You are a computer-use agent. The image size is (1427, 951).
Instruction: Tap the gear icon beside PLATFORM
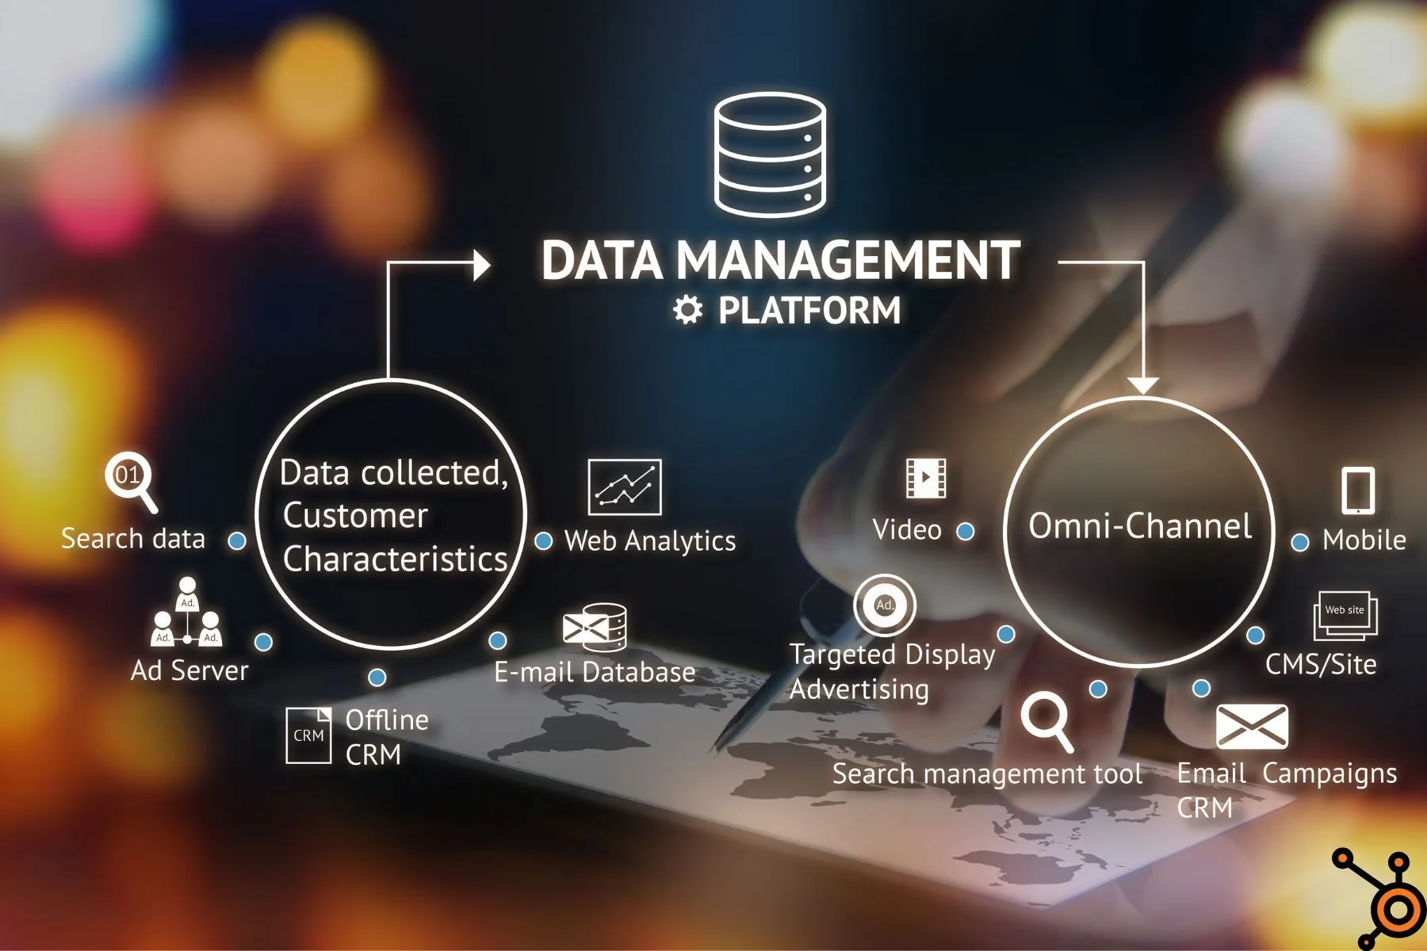coord(687,310)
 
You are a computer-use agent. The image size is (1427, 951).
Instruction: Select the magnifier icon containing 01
coord(130,479)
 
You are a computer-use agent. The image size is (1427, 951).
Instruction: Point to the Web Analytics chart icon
coord(624,487)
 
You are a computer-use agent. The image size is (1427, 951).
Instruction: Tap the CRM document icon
coord(308,735)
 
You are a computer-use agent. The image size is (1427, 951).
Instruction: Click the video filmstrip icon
coord(925,478)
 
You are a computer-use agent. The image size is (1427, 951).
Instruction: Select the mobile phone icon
coord(1357,491)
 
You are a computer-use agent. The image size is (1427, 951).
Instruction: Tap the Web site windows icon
coord(1345,615)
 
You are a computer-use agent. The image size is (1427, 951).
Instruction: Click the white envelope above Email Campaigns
coord(1251,726)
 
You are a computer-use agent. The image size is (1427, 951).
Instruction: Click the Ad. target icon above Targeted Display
coord(885,605)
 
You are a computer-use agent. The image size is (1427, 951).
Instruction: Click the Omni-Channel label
coord(1140,526)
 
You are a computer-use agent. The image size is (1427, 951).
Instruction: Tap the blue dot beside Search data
coord(237,541)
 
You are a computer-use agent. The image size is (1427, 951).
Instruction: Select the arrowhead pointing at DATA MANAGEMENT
coord(481,265)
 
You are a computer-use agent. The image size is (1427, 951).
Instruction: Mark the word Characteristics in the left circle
coord(395,560)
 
